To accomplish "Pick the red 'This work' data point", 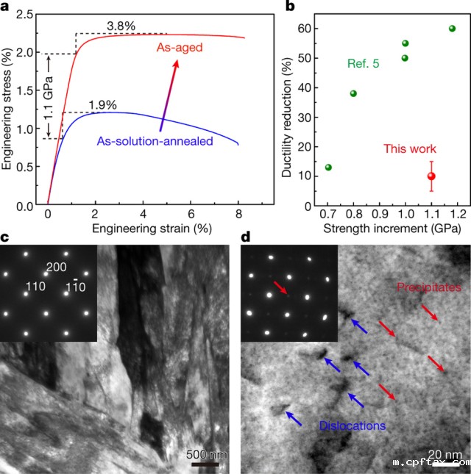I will [x=432, y=176].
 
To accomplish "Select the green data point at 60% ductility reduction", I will [x=452, y=29].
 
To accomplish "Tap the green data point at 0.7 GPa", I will [x=328, y=168].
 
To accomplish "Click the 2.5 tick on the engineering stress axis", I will [x=28, y=15].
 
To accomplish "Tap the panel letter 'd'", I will [x=244, y=237].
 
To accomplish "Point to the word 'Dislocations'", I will [x=352, y=425].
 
